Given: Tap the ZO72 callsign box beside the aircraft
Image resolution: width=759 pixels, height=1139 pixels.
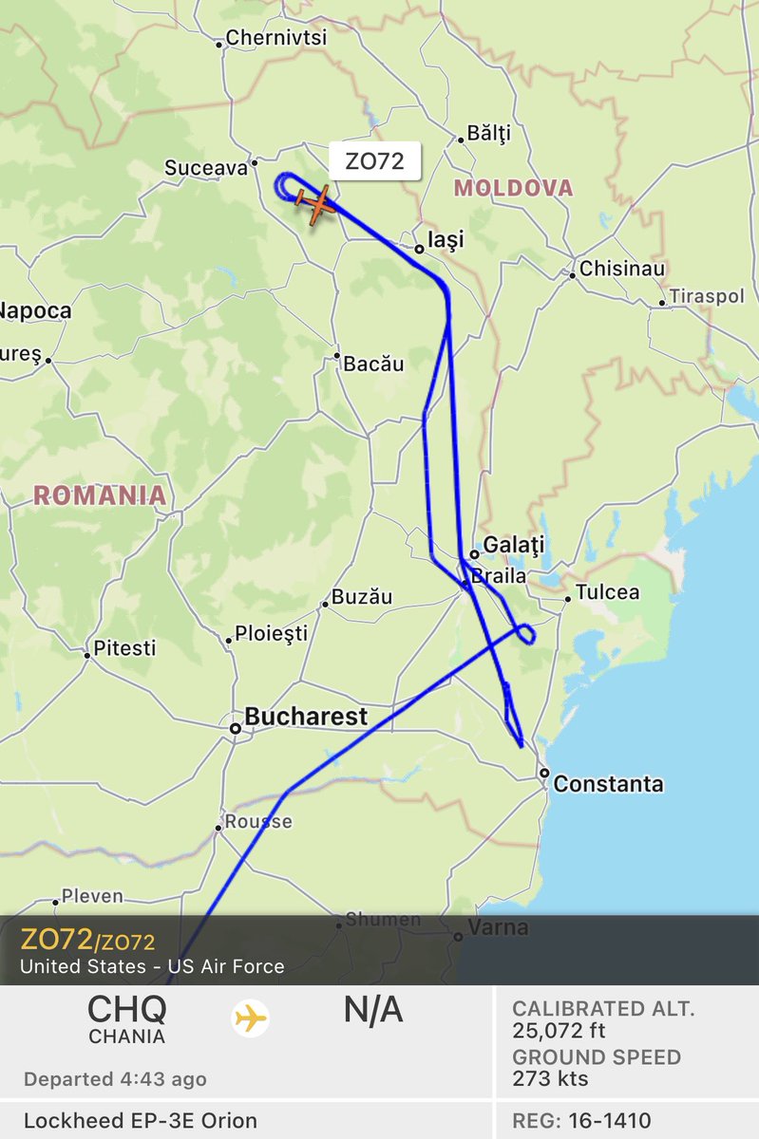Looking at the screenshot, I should tap(374, 161).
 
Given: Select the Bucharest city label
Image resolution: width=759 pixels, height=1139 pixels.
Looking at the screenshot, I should tap(306, 717).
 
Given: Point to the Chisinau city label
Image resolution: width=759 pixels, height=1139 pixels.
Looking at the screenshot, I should tap(622, 269).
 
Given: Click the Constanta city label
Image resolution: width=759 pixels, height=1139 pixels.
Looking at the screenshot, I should tap(608, 784).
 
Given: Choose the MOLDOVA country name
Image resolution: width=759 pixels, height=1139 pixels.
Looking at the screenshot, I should tap(513, 188).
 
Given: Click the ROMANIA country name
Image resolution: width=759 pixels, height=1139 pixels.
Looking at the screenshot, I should tap(99, 495).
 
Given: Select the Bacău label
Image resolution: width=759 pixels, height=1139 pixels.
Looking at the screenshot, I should tap(374, 364).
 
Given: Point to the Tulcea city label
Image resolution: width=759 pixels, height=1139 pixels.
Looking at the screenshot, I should tap(608, 592).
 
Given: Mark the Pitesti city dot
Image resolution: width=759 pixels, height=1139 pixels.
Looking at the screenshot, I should tap(87, 655).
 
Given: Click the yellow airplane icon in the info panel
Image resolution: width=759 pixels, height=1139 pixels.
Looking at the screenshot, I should tap(251, 1019).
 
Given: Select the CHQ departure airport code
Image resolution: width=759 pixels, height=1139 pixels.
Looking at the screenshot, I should tap(126, 1008).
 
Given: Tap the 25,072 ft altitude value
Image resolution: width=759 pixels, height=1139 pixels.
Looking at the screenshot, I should tap(559, 1031).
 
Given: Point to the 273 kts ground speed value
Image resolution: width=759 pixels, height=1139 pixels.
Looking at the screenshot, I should tap(550, 1078).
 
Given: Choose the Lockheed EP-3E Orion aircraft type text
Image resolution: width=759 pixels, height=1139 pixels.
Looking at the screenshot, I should tap(141, 1120).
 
